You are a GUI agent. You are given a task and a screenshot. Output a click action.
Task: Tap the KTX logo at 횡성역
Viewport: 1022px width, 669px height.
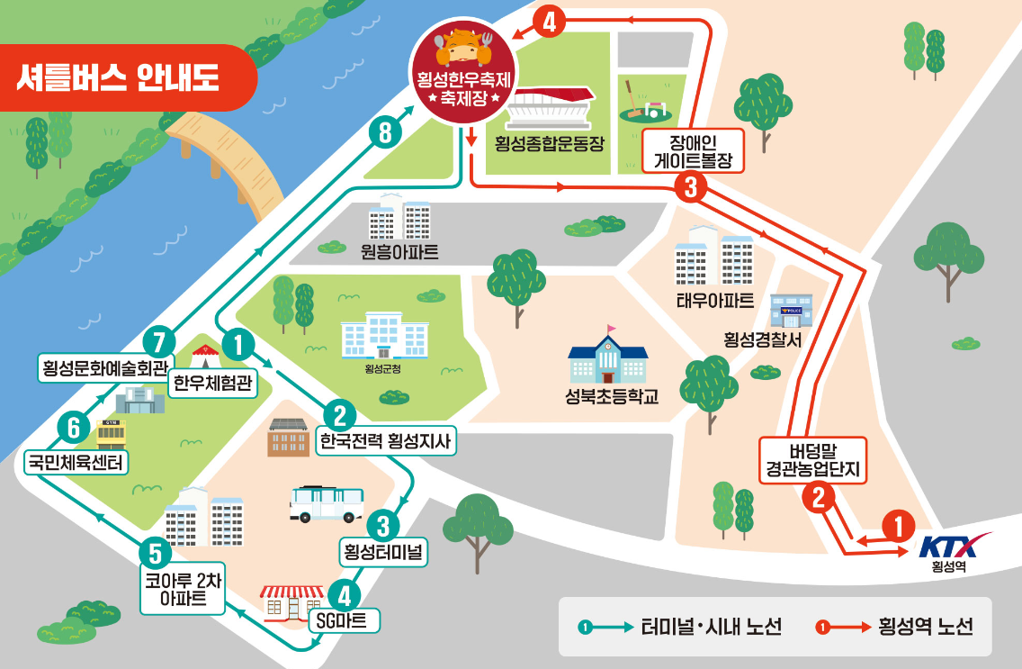[954, 546]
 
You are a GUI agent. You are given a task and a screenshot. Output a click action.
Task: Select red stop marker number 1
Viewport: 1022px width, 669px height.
[898, 526]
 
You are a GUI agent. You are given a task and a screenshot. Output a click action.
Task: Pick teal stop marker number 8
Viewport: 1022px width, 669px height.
[385, 133]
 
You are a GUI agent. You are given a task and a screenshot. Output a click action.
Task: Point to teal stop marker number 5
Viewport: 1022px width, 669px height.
[156, 551]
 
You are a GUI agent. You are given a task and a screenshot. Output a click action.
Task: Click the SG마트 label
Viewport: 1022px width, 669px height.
[345, 620]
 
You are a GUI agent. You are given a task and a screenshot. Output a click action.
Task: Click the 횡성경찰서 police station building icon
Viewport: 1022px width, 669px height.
[791, 311]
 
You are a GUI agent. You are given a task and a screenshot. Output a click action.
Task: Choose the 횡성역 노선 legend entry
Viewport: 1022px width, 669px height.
[894, 627]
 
